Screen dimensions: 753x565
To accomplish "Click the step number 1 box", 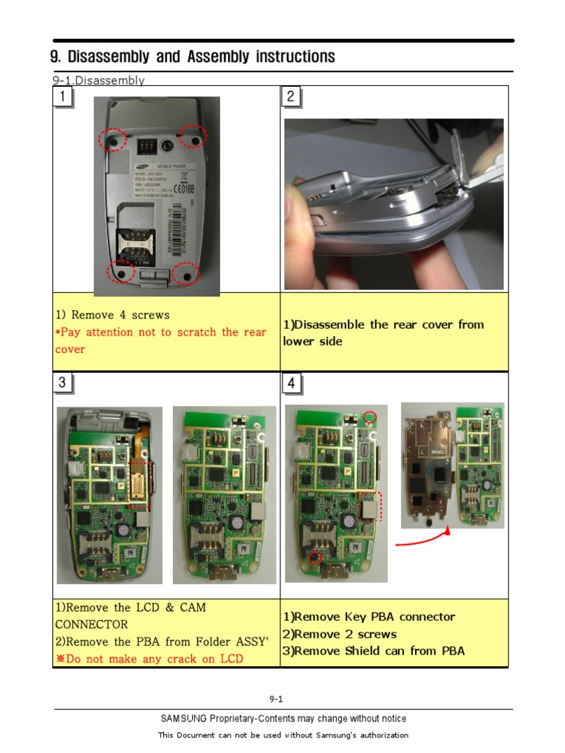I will (63, 96).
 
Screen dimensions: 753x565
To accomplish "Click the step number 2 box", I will (291, 96).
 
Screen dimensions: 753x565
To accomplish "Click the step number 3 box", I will (63, 382).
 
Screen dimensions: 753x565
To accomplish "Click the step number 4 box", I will (291, 383).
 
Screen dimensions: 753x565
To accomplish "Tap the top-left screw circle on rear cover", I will (113, 138).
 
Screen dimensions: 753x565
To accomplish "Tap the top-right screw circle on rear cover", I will (193, 135).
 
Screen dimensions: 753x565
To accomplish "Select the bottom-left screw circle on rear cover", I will (119, 273).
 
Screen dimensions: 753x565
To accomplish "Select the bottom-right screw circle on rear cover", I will (186, 274).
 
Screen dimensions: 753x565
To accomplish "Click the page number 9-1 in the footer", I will (277, 699).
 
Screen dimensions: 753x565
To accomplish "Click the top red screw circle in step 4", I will (370, 417).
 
